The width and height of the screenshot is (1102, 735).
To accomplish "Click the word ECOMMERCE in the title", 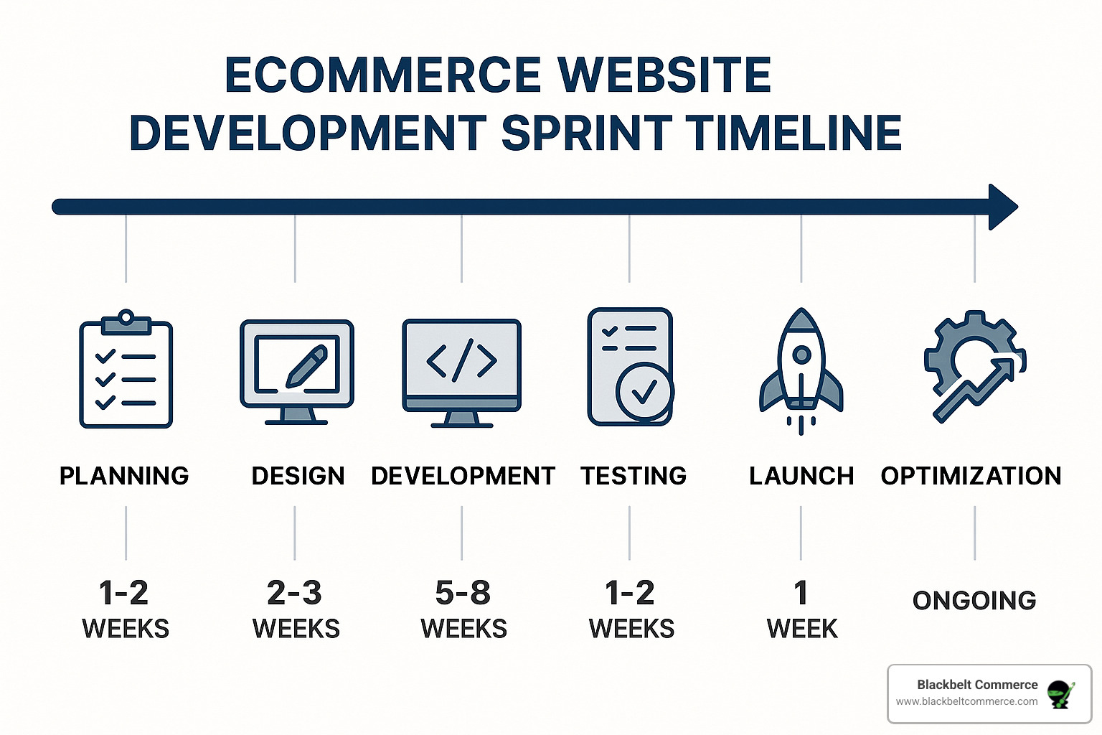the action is (x=383, y=75).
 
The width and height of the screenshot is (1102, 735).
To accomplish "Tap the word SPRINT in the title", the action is (x=586, y=132).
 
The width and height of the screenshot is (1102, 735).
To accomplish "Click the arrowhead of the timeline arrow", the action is (x=1002, y=207).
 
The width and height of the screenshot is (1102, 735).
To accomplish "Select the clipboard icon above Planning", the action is (x=126, y=369).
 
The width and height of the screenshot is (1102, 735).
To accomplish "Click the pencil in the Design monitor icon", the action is (x=307, y=365).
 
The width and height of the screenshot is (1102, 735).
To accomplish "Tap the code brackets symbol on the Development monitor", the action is (x=461, y=360).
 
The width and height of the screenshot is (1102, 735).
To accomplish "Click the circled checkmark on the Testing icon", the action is (x=644, y=392).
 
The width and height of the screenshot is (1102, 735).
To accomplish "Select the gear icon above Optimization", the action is (x=975, y=366).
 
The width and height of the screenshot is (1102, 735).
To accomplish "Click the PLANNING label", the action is (x=124, y=476).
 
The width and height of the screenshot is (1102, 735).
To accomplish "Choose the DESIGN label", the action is (x=298, y=476).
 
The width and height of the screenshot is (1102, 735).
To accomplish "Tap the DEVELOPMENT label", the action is (x=463, y=476).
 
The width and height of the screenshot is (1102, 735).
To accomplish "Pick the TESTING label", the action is (x=634, y=476).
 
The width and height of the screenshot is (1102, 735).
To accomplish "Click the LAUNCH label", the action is (x=801, y=476).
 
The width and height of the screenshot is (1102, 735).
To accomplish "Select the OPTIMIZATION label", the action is (x=971, y=476).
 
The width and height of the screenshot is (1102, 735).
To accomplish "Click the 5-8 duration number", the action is (x=463, y=592).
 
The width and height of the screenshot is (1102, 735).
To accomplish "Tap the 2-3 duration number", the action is (x=294, y=592).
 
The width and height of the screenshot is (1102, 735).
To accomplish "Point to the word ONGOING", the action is (x=974, y=601).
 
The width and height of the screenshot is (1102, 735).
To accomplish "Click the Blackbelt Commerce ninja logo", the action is (x=1060, y=695).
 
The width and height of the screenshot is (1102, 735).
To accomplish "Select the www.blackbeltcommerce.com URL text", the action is (x=966, y=701).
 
